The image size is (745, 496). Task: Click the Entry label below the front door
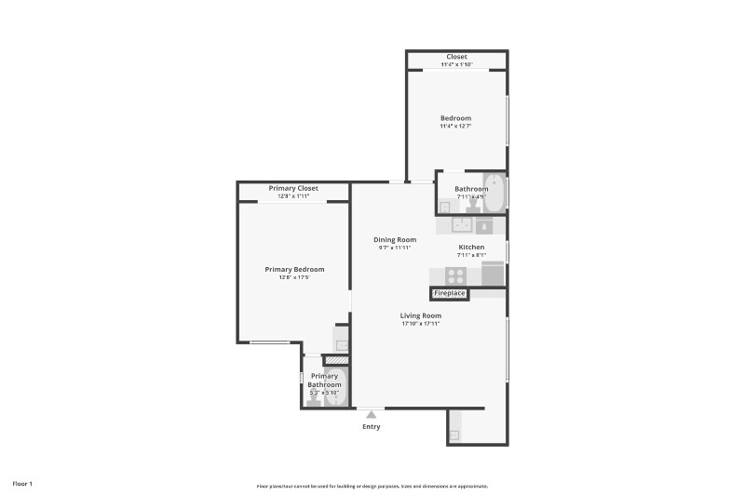371,426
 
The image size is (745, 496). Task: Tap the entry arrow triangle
371,412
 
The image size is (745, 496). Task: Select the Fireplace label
450,294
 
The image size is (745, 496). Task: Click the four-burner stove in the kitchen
456,275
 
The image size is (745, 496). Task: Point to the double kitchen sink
463,225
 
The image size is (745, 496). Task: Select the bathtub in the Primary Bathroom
338,386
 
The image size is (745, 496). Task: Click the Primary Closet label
293,188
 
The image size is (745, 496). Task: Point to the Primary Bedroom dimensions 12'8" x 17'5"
293,277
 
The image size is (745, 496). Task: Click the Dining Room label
395,239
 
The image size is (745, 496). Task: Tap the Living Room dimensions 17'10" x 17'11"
420,324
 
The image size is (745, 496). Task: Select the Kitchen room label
471,247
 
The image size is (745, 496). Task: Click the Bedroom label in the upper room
455,118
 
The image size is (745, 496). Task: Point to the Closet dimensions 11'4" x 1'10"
456,64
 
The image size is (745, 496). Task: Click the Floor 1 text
22,484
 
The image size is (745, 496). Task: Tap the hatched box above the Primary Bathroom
335,359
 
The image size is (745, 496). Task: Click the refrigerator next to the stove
493,275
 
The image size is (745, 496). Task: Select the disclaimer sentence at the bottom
372,486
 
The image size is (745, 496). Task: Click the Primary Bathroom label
324,381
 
